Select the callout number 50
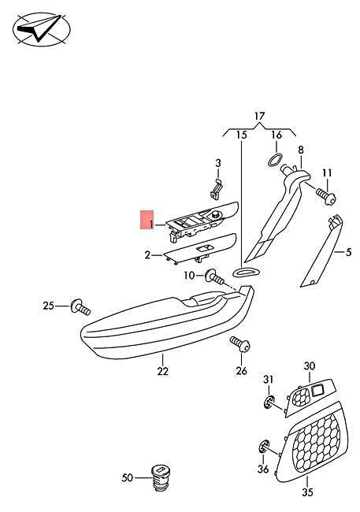click(128, 477)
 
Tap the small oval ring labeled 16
click(275, 160)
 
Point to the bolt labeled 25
click(80, 306)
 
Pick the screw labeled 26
click(240, 344)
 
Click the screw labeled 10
click(214, 277)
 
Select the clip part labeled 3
click(217, 189)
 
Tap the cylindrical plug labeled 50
click(161, 477)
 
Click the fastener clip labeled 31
click(269, 402)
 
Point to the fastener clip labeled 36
click(264, 447)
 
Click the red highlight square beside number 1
click(147, 220)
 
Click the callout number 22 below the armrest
click(163, 371)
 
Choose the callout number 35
click(307, 492)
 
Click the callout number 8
click(301, 150)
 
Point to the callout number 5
click(348, 252)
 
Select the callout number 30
click(310, 366)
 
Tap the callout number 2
click(148, 255)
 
